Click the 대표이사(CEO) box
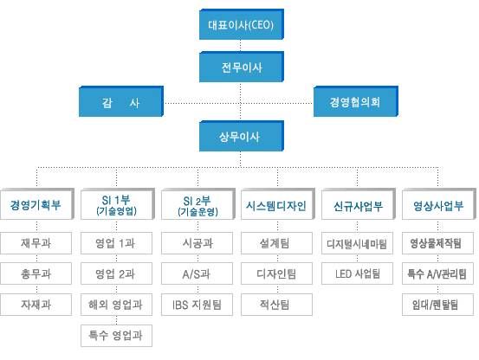[242, 24]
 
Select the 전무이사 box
[242, 67]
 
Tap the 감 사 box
[121, 101]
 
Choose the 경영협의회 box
[356, 101]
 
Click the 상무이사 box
[242, 136]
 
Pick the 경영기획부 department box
[37, 203]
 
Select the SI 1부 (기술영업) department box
[118, 203]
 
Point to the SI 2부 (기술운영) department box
[198, 203]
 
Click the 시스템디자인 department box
[278, 203]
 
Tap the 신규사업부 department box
[359, 203]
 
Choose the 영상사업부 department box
[439, 203]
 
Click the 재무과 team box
[36, 243]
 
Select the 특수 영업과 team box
[116, 336]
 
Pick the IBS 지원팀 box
[197, 305]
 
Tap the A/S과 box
[197, 273]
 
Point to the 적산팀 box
[276, 305]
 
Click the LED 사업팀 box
[357, 273]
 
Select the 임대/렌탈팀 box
[437, 305]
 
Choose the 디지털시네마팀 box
[357, 243]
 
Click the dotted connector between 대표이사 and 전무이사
[241, 46]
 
